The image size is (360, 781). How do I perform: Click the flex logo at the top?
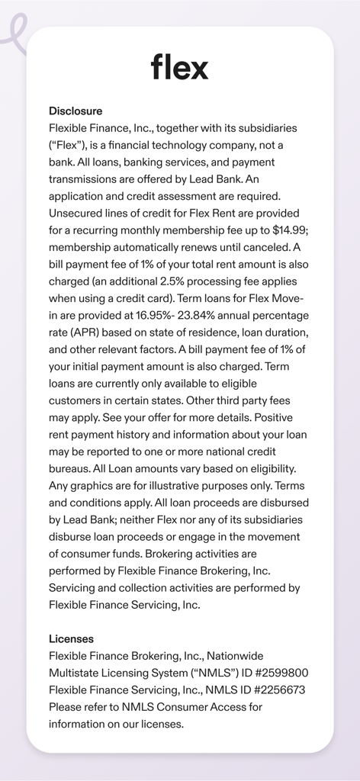pos(179,67)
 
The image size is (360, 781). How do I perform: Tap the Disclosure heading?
pos(76,111)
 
